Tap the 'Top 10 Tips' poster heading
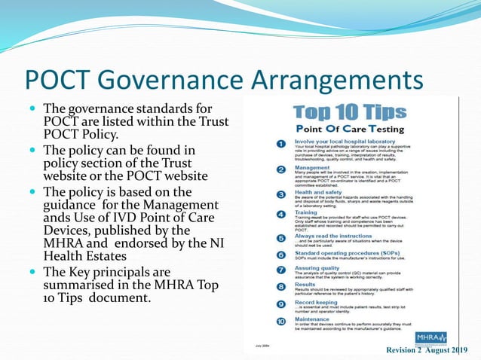[349, 113]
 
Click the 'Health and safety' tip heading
[317, 192]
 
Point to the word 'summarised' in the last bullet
[84, 285]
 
